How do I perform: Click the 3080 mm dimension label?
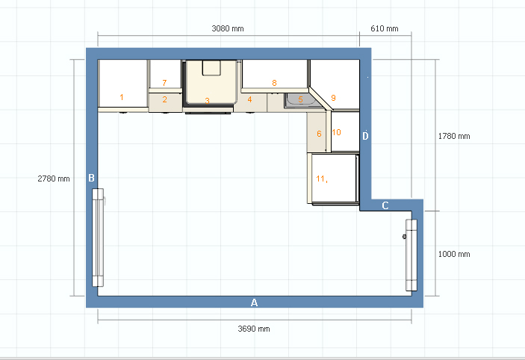pyautogui.click(x=228, y=29)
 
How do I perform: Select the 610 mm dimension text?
pyautogui.click(x=385, y=29)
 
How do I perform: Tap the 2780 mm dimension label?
pyautogui.click(x=54, y=179)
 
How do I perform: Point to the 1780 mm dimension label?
pyautogui.click(x=454, y=136)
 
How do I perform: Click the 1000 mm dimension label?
pyautogui.click(x=454, y=254)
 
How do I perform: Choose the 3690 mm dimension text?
pyautogui.click(x=254, y=329)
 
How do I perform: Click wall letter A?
pyautogui.click(x=254, y=302)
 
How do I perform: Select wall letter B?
pyautogui.click(x=91, y=178)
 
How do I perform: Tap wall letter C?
pyautogui.click(x=385, y=205)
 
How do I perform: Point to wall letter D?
pyautogui.click(x=365, y=136)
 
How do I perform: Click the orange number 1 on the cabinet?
pyautogui.click(x=122, y=97)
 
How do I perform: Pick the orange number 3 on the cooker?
pyautogui.click(x=208, y=101)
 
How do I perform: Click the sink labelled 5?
pyautogui.click(x=300, y=101)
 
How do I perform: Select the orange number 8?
pyautogui.click(x=274, y=83)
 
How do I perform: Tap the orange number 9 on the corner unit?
pyautogui.click(x=333, y=97)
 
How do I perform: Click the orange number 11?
pyautogui.click(x=321, y=179)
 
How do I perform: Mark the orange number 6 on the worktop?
pyautogui.click(x=319, y=134)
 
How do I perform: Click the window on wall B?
pyautogui.click(x=98, y=238)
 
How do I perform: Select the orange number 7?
pyautogui.click(x=164, y=83)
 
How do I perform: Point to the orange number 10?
pyautogui.click(x=337, y=132)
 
